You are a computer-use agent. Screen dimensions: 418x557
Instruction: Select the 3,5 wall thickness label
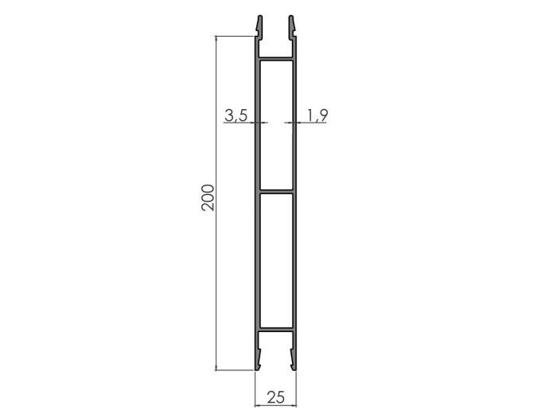[x=236, y=115]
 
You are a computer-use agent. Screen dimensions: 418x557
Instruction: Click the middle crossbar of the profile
[x=275, y=190]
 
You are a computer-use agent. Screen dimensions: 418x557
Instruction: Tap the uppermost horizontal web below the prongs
[x=275, y=59]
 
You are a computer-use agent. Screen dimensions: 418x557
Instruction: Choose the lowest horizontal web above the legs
[x=275, y=328]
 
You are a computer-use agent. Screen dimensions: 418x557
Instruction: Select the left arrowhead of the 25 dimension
[x=257, y=404]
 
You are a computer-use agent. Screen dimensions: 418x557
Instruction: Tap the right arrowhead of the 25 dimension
[x=294, y=404]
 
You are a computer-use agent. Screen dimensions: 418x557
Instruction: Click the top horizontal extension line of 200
[x=235, y=36]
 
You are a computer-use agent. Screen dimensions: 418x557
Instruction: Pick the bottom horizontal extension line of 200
[x=235, y=370]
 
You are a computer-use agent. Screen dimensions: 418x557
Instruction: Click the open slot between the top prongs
[x=275, y=36]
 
